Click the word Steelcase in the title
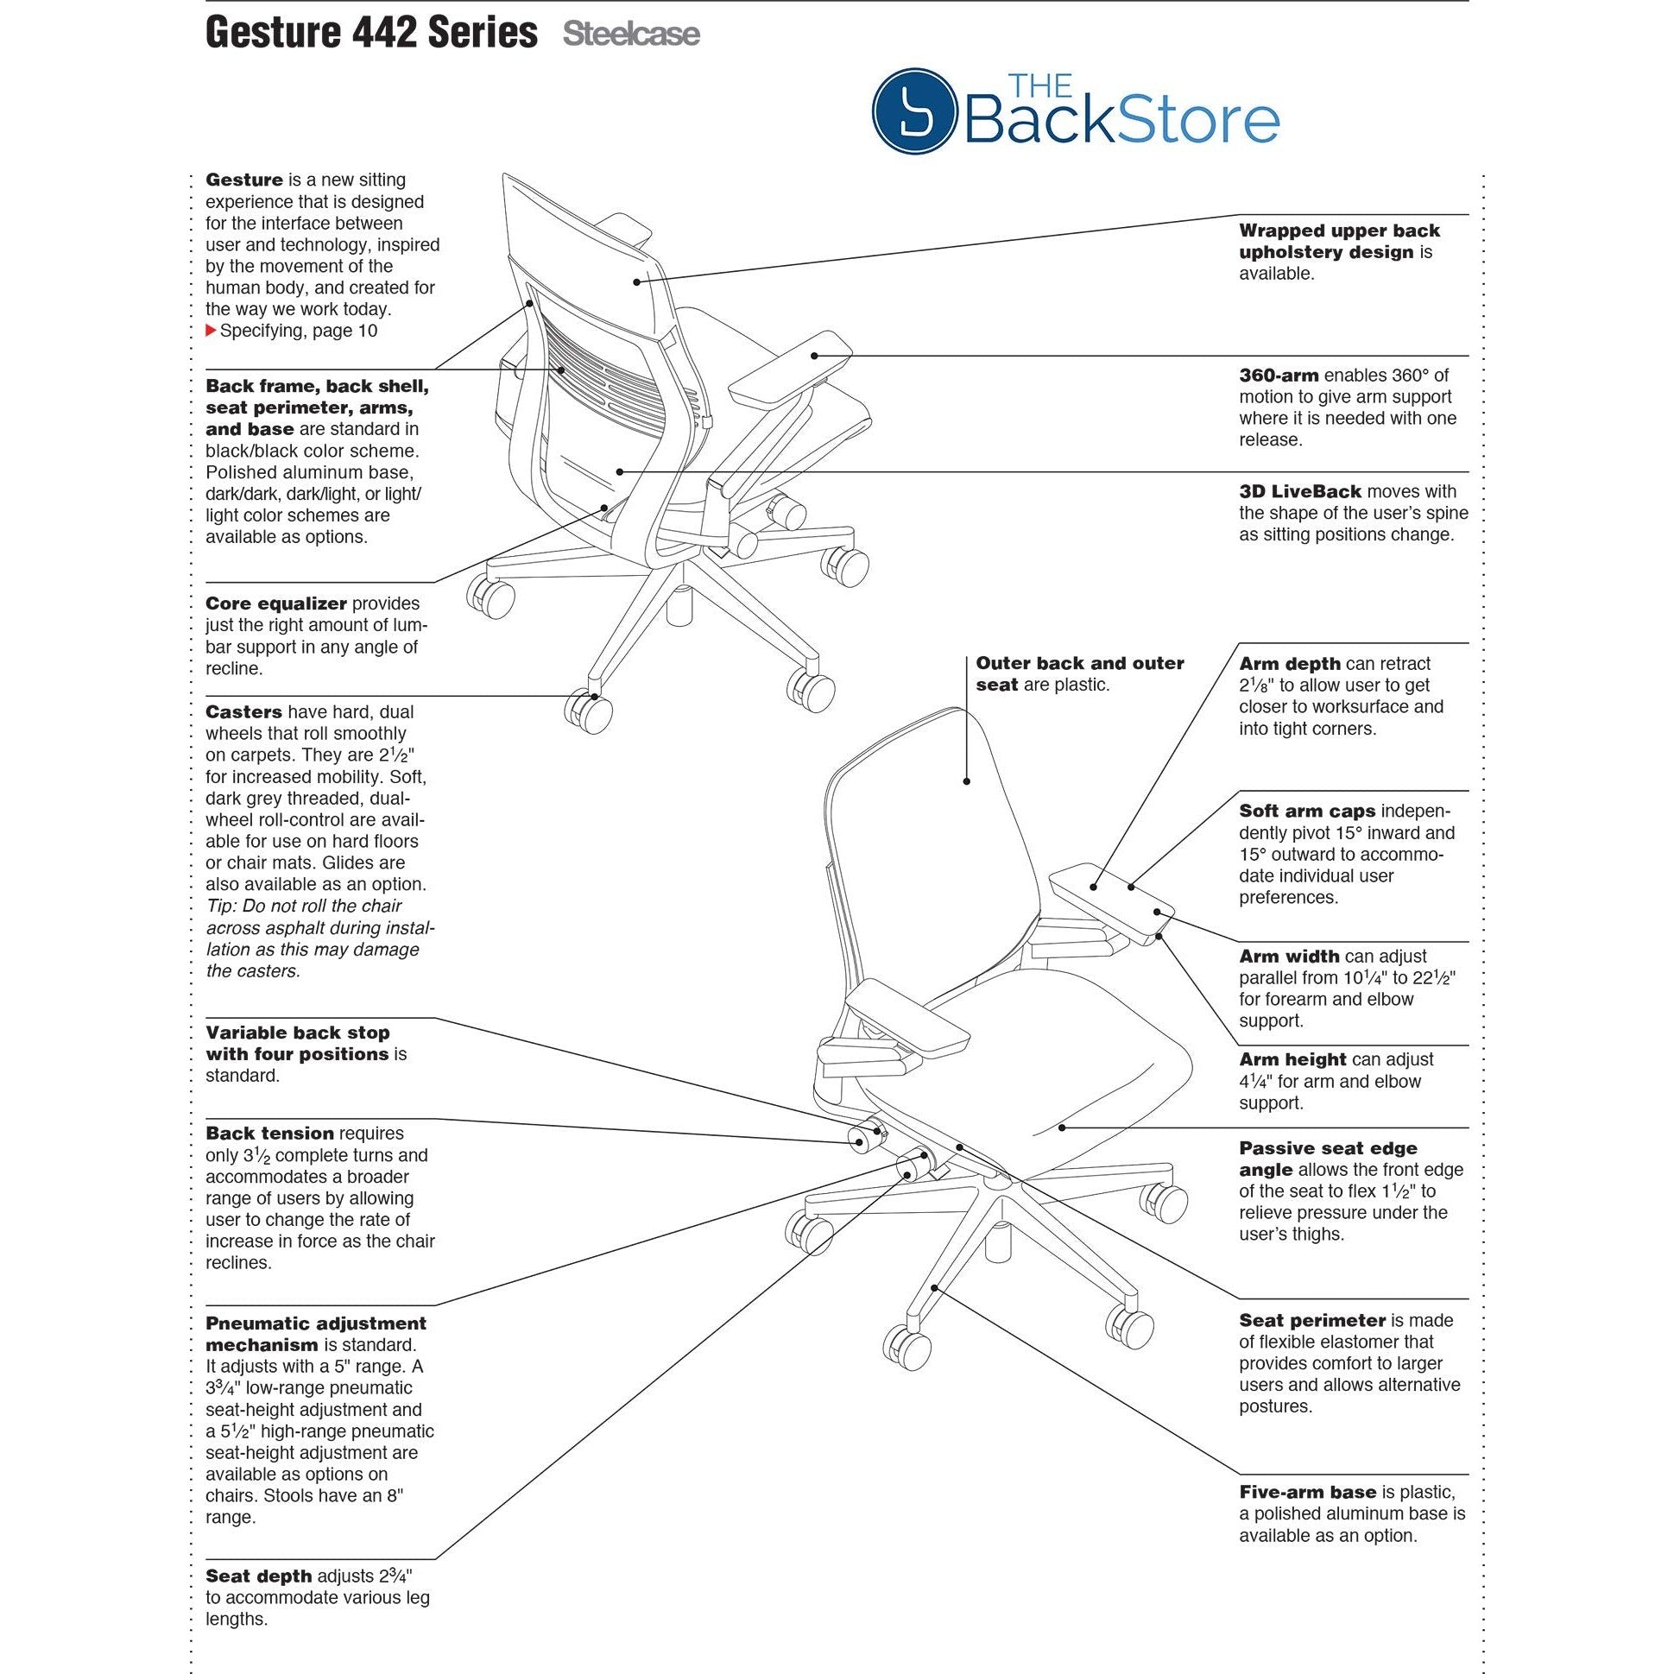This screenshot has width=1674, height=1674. (x=631, y=34)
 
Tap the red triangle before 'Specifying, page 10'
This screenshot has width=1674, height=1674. (x=211, y=330)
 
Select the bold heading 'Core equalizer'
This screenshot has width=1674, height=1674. (x=275, y=603)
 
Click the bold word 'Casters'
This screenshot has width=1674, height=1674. (x=243, y=711)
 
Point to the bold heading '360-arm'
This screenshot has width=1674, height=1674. (x=1278, y=376)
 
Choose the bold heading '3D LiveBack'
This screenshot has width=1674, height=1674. (x=1299, y=491)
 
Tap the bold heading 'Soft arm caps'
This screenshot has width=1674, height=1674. (x=1306, y=811)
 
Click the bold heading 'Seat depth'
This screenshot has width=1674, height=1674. (x=258, y=1576)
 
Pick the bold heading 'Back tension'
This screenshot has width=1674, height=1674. (x=269, y=1133)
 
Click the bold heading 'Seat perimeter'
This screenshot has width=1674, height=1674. (x=1311, y=1320)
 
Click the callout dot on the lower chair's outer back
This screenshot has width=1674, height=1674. (x=967, y=780)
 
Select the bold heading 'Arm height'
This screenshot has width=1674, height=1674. (x=1292, y=1058)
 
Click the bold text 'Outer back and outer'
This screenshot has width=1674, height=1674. (x=1080, y=663)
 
